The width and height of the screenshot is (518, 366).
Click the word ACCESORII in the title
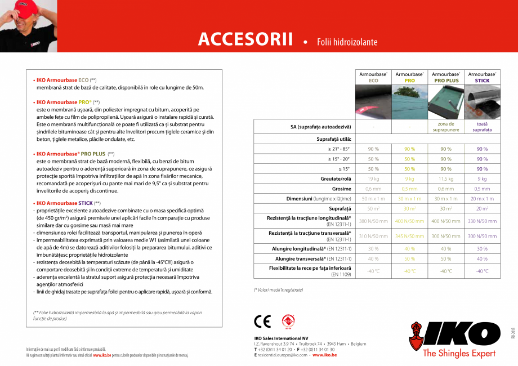245,39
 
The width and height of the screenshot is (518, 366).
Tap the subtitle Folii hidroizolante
347,42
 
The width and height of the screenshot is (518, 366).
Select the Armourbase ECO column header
373,77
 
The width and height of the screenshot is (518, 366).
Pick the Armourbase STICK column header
482,77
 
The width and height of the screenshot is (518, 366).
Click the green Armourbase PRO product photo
409,101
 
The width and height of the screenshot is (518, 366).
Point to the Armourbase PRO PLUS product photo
446,101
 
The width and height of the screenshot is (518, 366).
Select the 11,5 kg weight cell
446,178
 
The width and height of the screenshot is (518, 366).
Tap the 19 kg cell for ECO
373,178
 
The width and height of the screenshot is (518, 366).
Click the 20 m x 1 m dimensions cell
482,199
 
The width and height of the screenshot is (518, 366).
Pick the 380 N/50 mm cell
373,221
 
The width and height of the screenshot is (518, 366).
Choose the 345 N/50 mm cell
409,236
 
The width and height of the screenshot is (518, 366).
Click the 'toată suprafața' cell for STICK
482,127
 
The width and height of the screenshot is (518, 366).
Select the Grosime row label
341,189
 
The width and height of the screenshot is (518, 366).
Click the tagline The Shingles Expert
459,354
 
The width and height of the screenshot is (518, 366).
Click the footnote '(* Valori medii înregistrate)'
278,289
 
